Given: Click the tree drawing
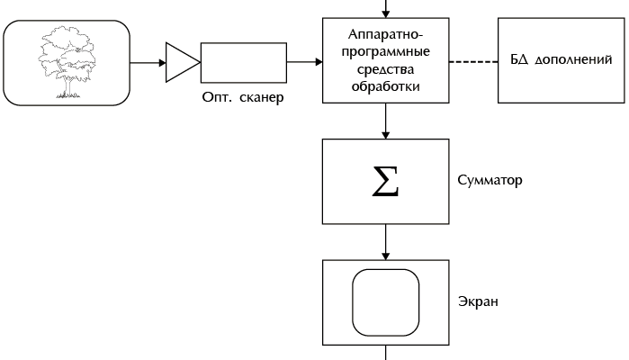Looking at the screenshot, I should pos(66,63).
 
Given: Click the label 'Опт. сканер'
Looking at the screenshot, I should pos(242,97).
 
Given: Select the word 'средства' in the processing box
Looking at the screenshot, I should pos(385,69).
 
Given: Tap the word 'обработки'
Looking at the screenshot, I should pos(385,86).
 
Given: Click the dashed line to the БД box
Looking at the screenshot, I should pos(473,62).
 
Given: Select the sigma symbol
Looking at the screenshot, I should pos(385,182).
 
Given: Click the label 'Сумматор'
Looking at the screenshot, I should pos(490,180).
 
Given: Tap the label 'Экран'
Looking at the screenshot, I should pos(479,301).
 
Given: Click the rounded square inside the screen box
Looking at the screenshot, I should pos(385,302).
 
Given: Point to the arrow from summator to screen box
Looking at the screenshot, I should pos(385,243).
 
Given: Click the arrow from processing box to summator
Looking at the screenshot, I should pos(385,121).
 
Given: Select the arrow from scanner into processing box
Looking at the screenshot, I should pos(304,63).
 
